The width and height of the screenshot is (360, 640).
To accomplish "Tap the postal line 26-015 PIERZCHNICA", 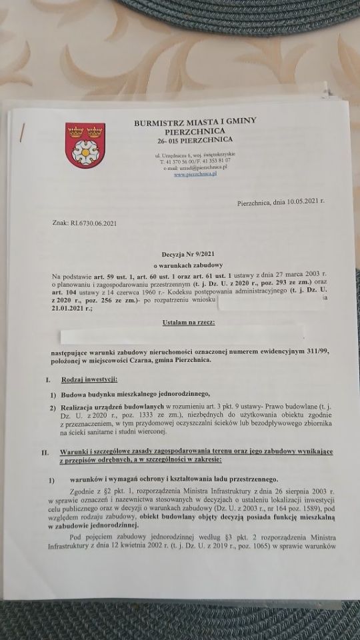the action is [x=195, y=140].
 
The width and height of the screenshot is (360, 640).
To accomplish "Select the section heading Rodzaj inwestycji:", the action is [x=89, y=379].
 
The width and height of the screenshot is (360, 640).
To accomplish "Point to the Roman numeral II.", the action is [x=45, y=453].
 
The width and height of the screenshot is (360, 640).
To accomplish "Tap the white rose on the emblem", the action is [x=85, y=153].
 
